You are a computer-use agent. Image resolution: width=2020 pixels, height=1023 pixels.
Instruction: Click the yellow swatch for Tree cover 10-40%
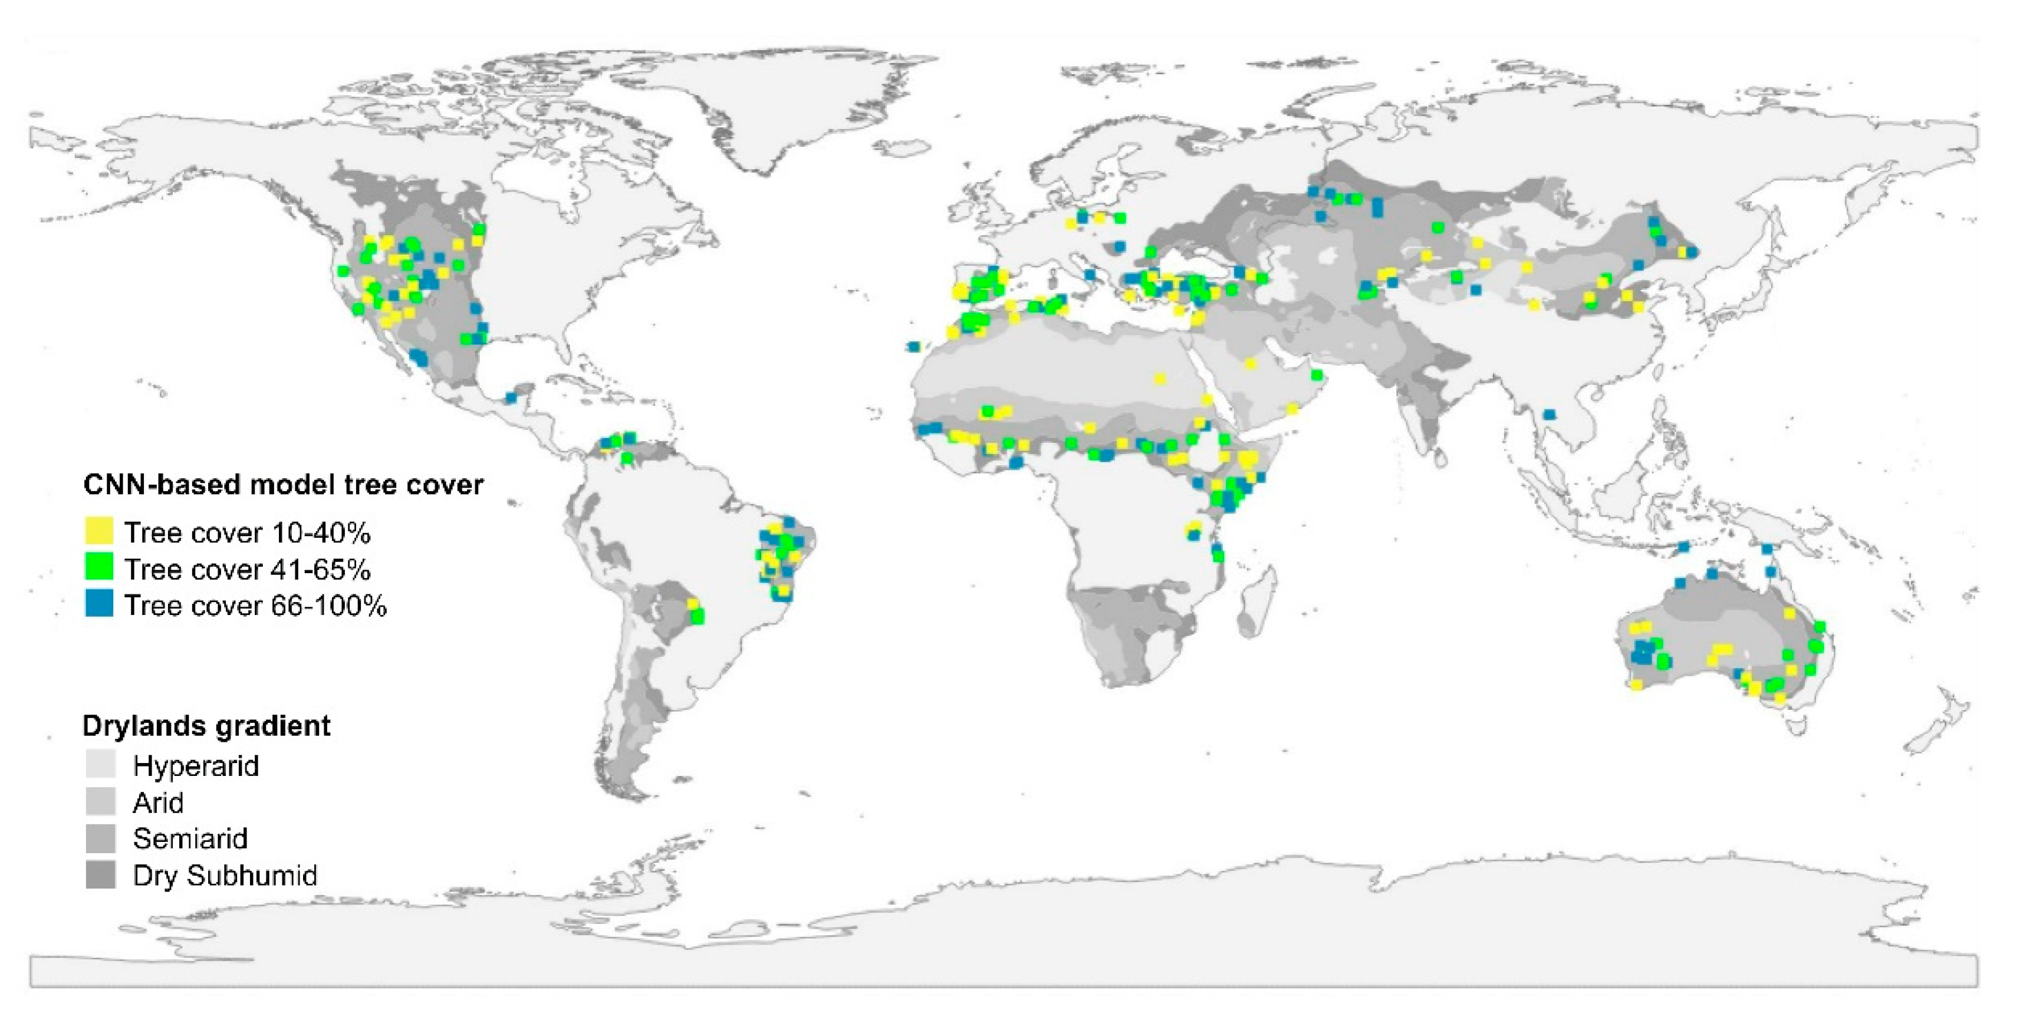[x=99, y=531]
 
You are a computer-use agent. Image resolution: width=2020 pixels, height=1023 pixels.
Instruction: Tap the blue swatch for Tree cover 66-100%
[x=99, y=604]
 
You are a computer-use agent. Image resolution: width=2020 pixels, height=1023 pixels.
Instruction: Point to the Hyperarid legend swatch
[x=100, y=764]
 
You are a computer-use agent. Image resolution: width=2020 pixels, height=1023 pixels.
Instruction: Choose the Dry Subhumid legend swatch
[x=100, y=874]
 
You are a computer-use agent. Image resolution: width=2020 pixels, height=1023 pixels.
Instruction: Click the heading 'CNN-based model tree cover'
[x=283, y=485]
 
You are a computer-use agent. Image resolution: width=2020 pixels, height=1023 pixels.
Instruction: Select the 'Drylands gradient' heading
[x=206, y=725]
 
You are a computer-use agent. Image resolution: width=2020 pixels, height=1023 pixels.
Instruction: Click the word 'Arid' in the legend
[x=159, y=802]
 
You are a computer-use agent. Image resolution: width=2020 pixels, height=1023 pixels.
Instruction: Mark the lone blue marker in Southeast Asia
[x=1549, y=415]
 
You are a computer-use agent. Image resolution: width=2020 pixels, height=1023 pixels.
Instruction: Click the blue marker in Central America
[x=511, y=397]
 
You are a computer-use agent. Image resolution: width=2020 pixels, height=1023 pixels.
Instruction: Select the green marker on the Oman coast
[x=1317, y=376]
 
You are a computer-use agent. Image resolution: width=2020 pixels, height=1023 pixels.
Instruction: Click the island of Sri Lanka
[x=1440, y=455]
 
